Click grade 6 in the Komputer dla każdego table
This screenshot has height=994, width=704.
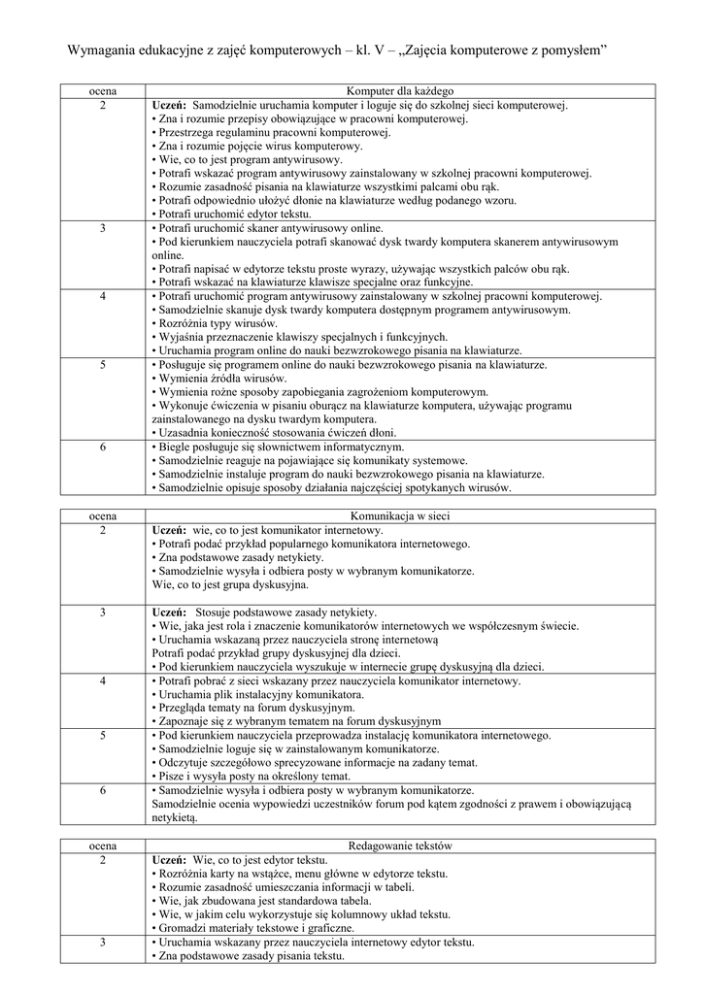(103, 447)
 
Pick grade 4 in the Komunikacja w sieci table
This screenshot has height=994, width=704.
(103, 681)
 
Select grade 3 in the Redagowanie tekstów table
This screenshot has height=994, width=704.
(103, 943)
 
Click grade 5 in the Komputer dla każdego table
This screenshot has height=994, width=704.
(103, 365)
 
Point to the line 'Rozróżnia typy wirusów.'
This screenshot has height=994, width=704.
(218, 323)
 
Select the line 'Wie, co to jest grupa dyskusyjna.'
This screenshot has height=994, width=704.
(230, 585)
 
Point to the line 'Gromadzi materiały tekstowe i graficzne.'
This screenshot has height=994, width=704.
(256, 928)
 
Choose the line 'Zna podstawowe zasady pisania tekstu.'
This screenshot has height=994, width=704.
(251, 956)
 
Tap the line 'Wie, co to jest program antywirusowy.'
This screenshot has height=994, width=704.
(250, 159)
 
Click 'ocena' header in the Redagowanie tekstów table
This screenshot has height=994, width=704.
(103, 846)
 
